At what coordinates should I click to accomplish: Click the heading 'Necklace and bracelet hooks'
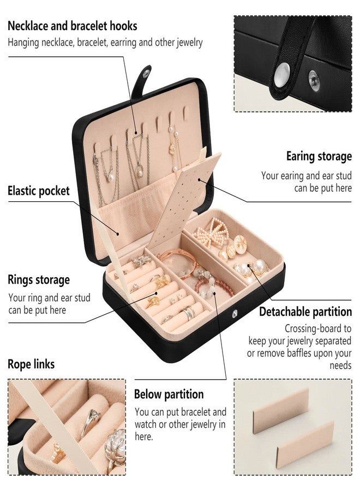tap(73, 26)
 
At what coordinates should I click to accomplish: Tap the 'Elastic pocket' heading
tap(39, 191)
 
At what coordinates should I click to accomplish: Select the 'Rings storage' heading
tap(39, 280)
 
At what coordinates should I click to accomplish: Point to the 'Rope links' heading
tap(31, 364)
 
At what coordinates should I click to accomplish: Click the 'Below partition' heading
tap(169, 394)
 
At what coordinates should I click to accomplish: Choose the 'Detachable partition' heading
tap(305, 312)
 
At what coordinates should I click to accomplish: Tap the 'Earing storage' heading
tap(319, 156)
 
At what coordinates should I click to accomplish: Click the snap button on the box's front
tap(235, 313)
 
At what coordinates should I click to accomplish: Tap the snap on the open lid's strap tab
tap(146, 74)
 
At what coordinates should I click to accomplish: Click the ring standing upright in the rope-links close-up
tap(90, 423)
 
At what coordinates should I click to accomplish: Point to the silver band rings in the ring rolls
tap(188, 312)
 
